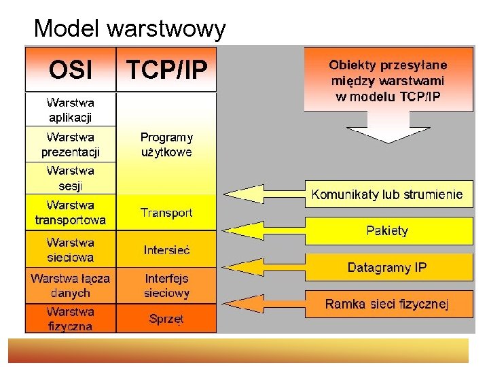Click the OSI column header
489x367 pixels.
(71, 69)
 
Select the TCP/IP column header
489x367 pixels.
(167, 69)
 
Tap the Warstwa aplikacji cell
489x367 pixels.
(71, 109)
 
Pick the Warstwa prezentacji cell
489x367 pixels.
(71, 144)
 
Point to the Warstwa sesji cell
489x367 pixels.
(71, 178)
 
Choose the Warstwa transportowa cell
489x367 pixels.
(71, 212)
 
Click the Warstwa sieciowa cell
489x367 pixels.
(71, 249)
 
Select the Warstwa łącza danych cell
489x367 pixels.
(71, 285)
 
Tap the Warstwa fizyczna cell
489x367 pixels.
(71, 318)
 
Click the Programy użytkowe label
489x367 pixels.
(167, 144)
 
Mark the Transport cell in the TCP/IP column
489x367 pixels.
(167, 213)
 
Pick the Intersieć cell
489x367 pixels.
(167, 249)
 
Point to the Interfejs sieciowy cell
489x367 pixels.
(167, 285)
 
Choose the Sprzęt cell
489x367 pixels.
(167, 318)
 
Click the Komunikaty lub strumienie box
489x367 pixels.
(387, 194)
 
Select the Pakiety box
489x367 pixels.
(387, 230)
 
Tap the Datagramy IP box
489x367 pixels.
(387, 267)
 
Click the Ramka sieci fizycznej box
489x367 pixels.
(387, 303)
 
